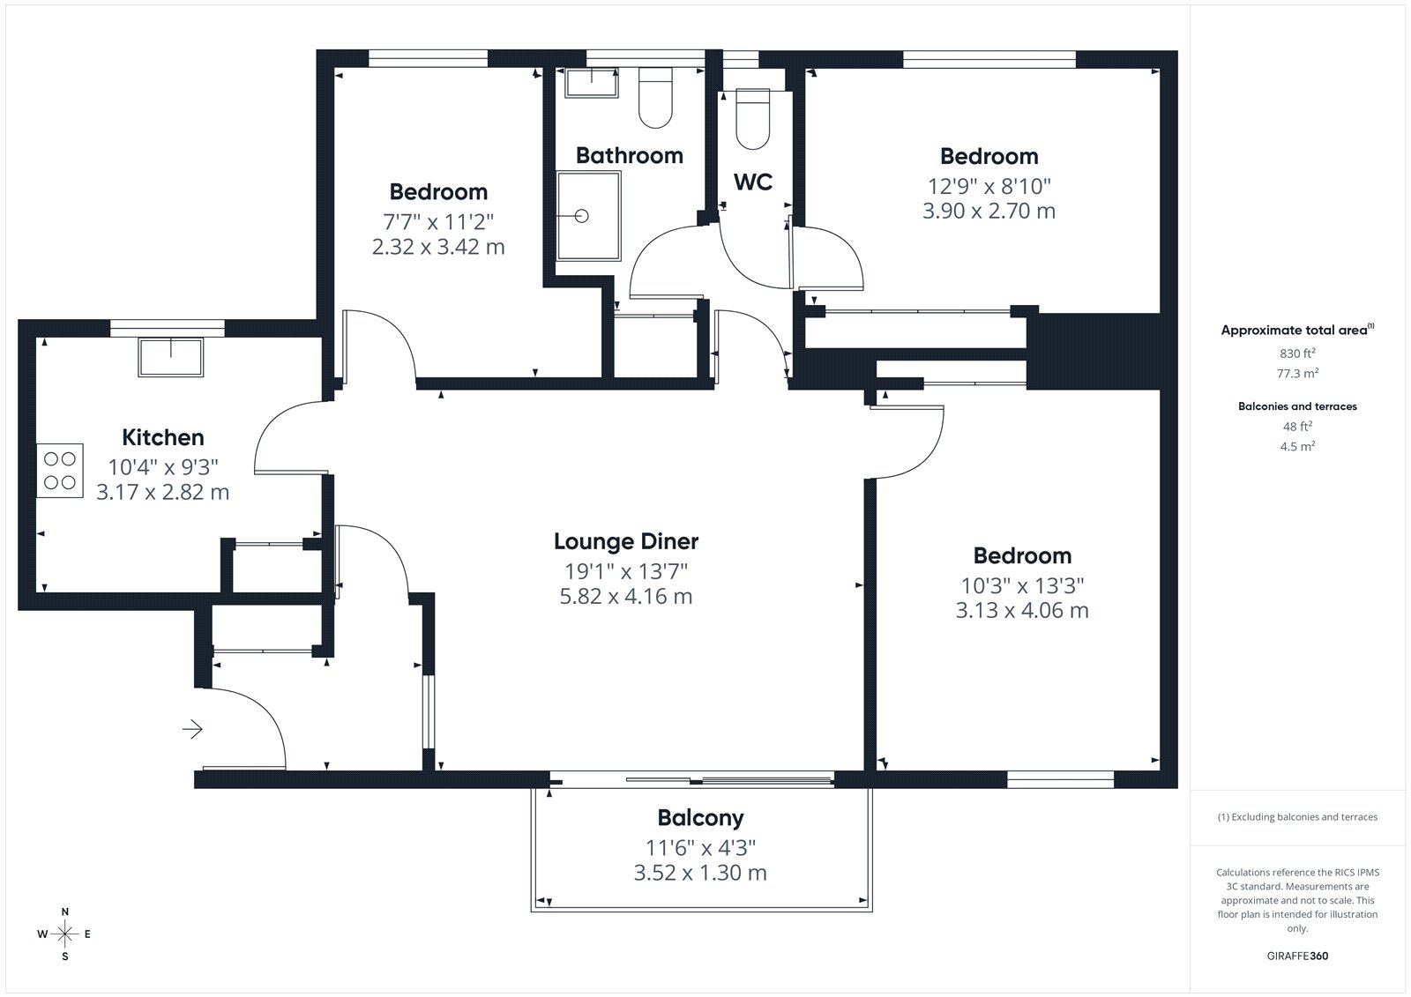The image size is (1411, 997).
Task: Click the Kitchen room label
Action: pyautogui.click(x=162, y=437)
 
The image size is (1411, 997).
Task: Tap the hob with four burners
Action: pyautogui.click(x=60, y=471)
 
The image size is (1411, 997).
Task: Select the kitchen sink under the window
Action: pyautogui.click(x=171, y=358)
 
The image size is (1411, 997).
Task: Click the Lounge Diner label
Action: pyautogui.click(x=625, y=541)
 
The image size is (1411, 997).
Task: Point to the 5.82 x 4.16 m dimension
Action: pyautogui.click(x=625, y=596)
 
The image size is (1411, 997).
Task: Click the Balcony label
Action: pyautogui.click(x=700, y=817)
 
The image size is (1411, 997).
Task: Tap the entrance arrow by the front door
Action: pyautogui.click(x=192, y=729)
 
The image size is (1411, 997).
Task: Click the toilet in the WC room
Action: pyautogui.click(x=753, y=119)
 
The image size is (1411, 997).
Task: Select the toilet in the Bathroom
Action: pyautogui.click(x=655, y=98)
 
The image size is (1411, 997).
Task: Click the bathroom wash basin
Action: pyautogui.click(x=592, y=83)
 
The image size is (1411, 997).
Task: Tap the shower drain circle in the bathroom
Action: pyautogui.click(x=581, y=216)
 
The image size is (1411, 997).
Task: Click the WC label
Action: pyautogui.click(x=753, y=182)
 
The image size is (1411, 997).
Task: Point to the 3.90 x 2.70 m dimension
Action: pyautogui.click(x=989, y=211)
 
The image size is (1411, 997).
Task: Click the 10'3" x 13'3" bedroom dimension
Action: pyautogui.click(x=1022, y=585)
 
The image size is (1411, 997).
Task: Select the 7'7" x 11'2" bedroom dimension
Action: pyautogui.click(x=438, y=221)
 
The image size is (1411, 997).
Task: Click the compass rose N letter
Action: pyautogui.click(x=65, y=911)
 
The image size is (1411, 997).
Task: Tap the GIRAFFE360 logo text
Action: pyautogui.click(x=1297, y=956)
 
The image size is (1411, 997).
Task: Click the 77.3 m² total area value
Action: pyautogui.click(x=1297, y=373)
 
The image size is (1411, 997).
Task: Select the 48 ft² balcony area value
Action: pyautogui.click(x=1297, y=427)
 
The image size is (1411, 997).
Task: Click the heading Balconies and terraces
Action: pyautogui.click(x=1297, y=406)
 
